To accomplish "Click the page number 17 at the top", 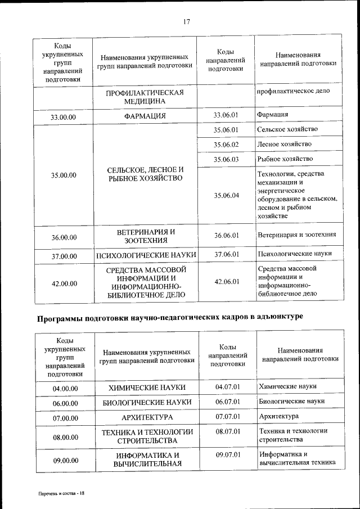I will (187, 22).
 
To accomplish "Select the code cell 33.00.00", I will (63, 117).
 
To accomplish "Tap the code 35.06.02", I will (226, 145).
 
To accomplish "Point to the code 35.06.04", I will (226, 195).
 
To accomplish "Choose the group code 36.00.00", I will (64, 237).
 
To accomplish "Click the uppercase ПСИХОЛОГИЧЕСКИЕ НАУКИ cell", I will (146, 255).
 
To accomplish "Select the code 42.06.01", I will (226, 282).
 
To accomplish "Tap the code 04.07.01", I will (228, 387).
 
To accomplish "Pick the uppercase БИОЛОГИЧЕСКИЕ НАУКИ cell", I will (147, 403).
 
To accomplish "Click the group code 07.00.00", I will (64, 418).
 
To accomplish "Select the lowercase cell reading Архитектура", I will (279, 417).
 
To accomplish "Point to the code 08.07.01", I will (228, 431).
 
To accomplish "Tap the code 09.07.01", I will (228, 454).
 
